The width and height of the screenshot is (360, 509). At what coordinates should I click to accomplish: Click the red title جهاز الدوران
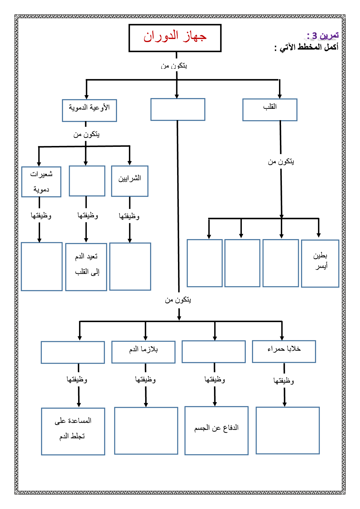coord(175,37)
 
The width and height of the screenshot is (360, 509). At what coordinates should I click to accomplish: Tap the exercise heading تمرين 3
coord(323,36)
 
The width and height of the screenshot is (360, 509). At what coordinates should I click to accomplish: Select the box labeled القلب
coord(270,109)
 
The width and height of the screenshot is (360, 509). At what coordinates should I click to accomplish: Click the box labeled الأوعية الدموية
coord(89,110)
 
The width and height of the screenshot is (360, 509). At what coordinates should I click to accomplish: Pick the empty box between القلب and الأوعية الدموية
coord(178,109)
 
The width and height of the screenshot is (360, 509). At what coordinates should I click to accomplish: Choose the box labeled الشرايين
coord(130,181)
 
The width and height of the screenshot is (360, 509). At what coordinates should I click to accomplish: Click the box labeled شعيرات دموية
coord(41,182)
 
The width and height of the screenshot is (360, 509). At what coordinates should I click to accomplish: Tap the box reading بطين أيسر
coord(320,263)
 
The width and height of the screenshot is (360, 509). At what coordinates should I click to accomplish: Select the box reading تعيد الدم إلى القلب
coord(86,267)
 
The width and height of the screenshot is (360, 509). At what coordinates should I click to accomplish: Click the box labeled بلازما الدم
coord(143,352)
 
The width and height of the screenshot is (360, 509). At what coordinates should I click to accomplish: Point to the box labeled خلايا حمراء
coord(284,351)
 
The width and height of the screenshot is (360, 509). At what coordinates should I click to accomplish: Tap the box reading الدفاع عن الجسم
coord(216,430)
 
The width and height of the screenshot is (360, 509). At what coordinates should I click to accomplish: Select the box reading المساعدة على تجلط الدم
coord(73,431)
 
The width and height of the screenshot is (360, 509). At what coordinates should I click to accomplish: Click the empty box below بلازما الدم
coord(146,431)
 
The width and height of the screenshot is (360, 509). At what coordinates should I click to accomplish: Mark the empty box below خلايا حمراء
coord(287,430)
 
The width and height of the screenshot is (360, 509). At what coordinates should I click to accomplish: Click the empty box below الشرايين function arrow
coord(130,266)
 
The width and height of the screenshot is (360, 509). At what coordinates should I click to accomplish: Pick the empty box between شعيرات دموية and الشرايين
coord(87,181)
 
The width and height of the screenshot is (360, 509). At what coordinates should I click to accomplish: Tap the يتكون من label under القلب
coord(281,162)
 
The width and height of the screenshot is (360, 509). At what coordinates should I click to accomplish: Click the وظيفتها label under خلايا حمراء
coord(284,380)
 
